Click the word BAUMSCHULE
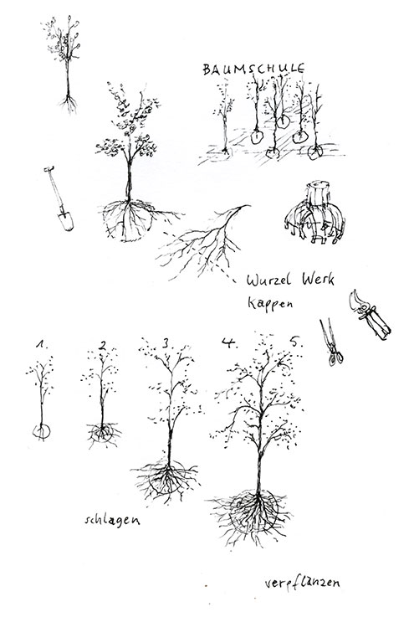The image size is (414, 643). point(253,69)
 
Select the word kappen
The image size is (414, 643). point(269,304)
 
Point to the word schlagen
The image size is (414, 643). point(112,520)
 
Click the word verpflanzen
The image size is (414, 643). point(302,583)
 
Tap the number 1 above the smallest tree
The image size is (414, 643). point(40,343)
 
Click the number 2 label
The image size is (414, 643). point(102,346)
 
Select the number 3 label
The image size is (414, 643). point(166,342)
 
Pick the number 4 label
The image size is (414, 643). point(228,342)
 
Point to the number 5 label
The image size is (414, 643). point(296,342)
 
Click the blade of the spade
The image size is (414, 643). point(65,221)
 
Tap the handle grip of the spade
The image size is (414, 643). point(49,168)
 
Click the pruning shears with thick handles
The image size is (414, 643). point(370,315)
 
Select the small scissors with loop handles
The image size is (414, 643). point(332,342)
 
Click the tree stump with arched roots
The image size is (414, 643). point(315,213)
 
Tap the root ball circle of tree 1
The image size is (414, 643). point(41,431)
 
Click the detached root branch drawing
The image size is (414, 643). point(203,242)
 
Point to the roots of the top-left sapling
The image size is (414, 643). point(69,104)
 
